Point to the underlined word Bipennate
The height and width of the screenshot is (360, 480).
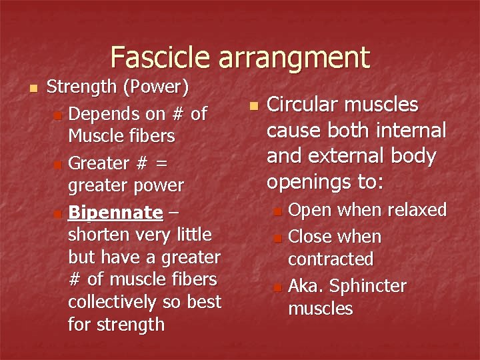115,213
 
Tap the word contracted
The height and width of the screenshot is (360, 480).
330,259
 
